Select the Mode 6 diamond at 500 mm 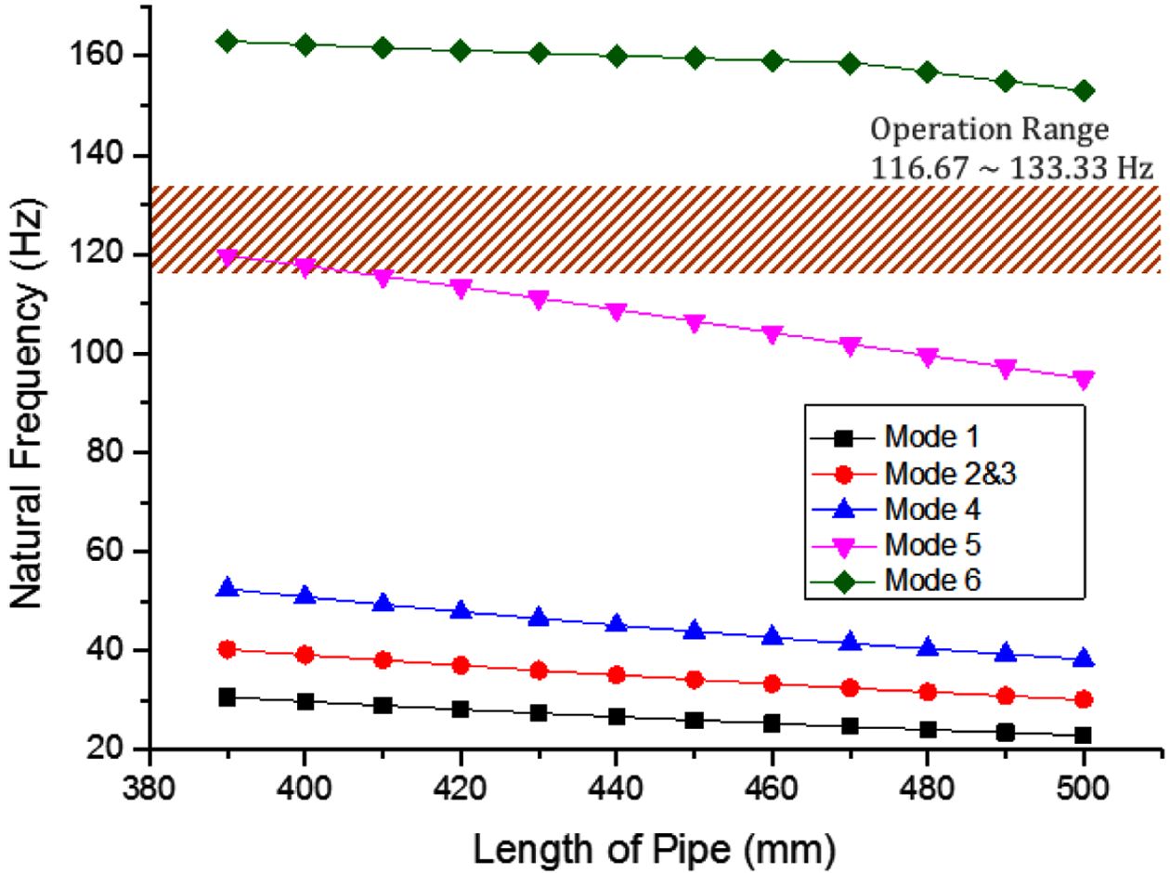[x=1084, y=91]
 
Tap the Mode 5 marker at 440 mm [x=617, y=311]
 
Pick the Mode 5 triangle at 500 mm [x=1084, y=379]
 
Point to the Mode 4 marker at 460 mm [x=773, y=637]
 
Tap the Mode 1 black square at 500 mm [x=1084, y=735]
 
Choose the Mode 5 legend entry [x=932, y=544]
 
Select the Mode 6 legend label [x=932, y=580]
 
